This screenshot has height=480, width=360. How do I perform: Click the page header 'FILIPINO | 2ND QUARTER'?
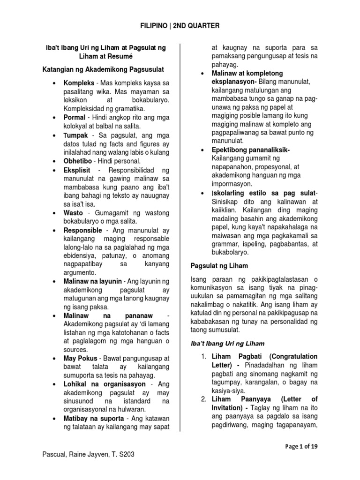(180, 26)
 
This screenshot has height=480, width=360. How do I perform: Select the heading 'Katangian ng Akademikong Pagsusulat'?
(103, 70)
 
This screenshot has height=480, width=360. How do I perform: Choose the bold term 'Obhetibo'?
(78, 160)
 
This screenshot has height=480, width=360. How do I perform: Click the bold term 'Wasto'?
(74, 212)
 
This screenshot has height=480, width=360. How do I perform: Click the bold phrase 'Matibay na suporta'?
(94, 418)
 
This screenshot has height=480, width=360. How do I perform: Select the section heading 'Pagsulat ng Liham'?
(219, 266)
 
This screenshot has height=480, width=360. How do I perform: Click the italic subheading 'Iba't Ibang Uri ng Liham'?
(228, 344)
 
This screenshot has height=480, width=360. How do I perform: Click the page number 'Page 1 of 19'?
(301, 447)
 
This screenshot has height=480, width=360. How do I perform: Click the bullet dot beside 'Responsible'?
(54, 230)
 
